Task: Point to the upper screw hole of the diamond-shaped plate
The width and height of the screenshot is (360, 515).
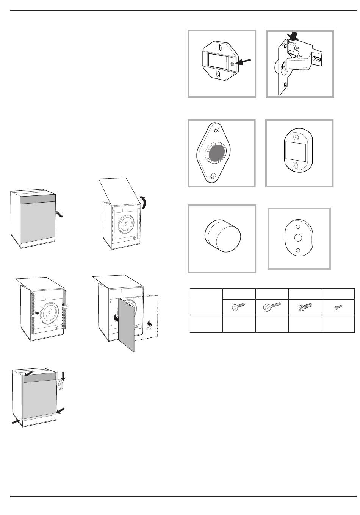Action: pyautogui.click(x=216, y=131)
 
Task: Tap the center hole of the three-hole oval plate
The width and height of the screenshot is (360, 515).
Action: pyautogui.click(x=298, y=238)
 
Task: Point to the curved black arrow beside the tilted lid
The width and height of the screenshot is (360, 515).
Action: pyautogui.click(x=144, y=203)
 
